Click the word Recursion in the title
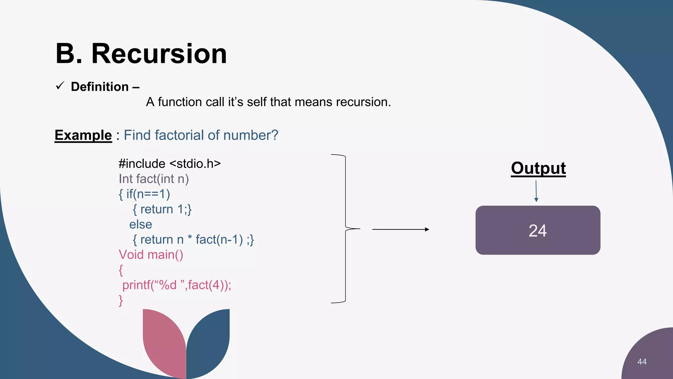[x=159, y=54]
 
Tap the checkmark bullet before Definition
[x=60, y=86]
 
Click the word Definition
[x=100, y=87]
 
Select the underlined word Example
[x=83, y=135]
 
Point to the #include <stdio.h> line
[x=170, y=164]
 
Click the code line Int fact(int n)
[x=154, y=179]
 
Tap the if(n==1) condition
[x=148, y=194]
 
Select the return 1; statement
[x=162, y=209]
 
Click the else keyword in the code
[x=141, y=224]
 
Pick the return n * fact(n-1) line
[x=193, y=240]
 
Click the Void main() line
[x=151, y=255]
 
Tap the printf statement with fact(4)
[x=177, y=285]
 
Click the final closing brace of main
[x=121, y=300]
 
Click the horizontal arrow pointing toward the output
[x=400, y=229]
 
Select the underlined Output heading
[x=538, y=168]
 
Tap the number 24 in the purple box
[x=538, y=231]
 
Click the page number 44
[x=642, y=362]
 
